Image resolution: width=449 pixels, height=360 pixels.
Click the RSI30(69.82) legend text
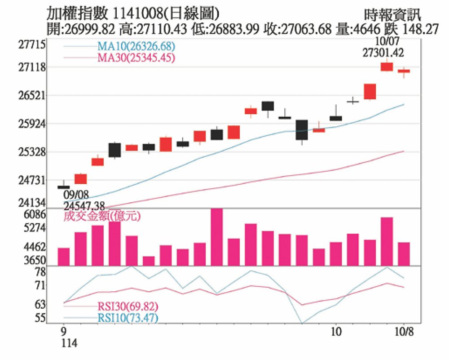click(128, 307)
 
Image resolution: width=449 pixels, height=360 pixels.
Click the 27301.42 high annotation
click(383, 53)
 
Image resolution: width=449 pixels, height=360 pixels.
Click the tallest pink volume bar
click(217, 236)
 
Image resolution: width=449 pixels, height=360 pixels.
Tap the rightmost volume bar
click(404, 254)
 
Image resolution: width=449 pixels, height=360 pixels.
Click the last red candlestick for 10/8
click(404, 71)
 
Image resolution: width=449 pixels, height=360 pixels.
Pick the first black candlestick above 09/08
click(64, 187)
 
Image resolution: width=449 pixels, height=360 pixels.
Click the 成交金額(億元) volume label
click(102, 216)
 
